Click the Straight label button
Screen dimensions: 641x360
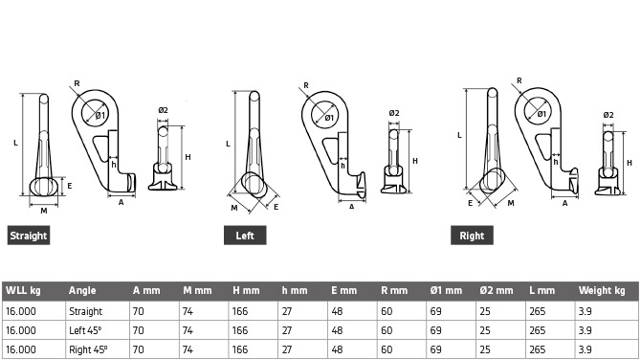[29, 236]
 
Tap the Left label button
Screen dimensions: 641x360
[245, 236]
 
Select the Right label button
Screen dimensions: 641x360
[472, 236]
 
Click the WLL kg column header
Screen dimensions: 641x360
[23, 290]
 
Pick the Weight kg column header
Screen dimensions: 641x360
[602, 290]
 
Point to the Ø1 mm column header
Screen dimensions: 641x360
[446, 290]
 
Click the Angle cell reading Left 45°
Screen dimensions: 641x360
[85, 330]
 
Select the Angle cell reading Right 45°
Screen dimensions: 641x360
[88, 349]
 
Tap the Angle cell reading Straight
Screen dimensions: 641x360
[85, 311]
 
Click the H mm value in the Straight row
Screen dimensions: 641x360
[240, 311]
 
